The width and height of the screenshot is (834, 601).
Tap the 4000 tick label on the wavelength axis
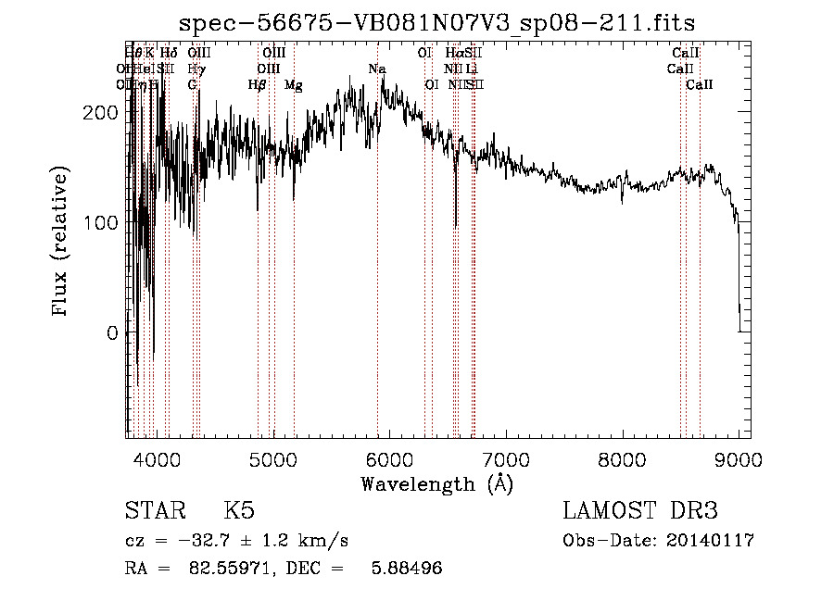(x=157, y=460)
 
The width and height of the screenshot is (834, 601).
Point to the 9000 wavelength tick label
(x=738, y=460)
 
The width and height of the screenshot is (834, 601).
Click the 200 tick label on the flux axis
(x=98, y=113)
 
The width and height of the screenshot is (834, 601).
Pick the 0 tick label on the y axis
(x=111, y=333)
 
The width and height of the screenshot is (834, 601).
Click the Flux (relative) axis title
(x=62, y=244)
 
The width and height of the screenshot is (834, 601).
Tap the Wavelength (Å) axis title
(x=436, y=483)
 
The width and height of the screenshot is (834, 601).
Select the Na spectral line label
(x=376, y=69)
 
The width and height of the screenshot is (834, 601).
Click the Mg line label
(x=294, y=85)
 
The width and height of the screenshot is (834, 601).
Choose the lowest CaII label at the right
(x=700, y=85)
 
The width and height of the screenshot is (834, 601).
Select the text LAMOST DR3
(x=639, y=512)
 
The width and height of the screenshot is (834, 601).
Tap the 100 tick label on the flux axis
(x=98, y=223)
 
